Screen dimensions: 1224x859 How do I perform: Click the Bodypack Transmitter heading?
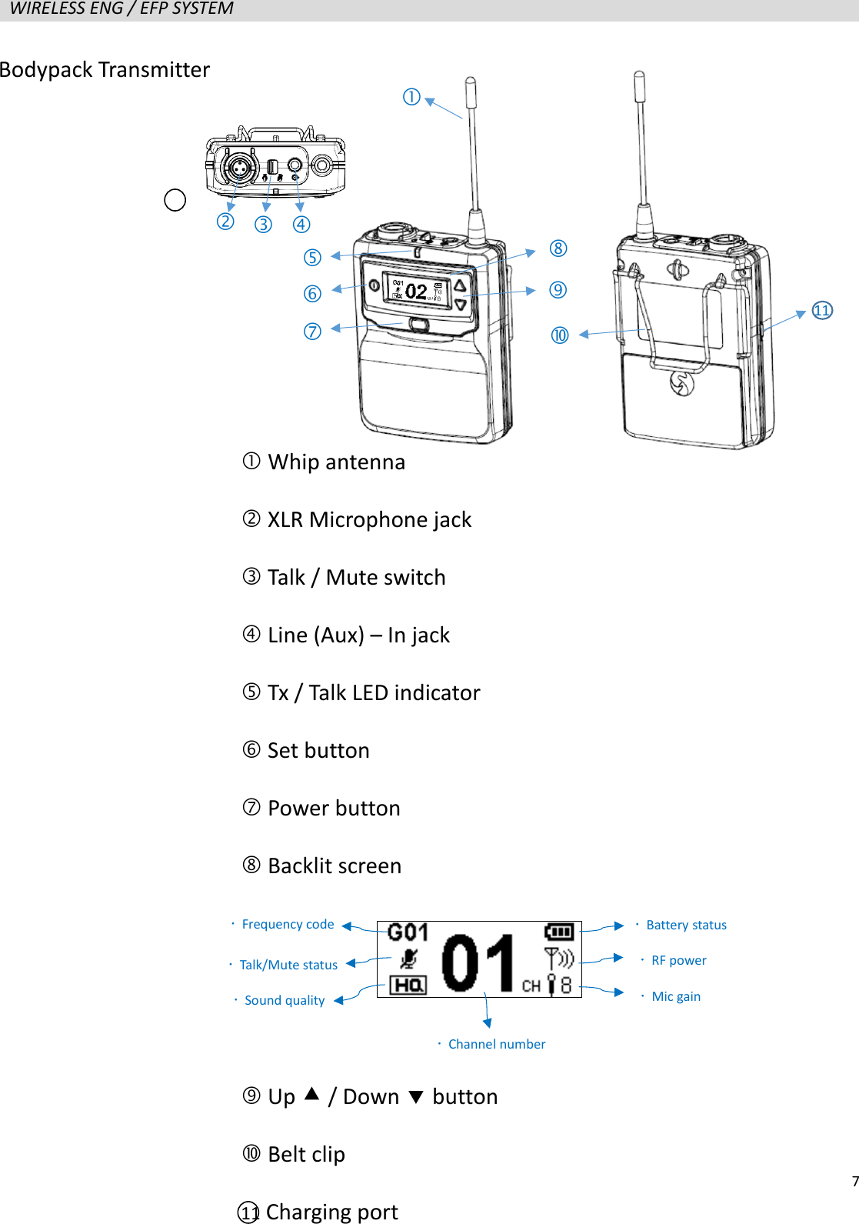tap(105, 70)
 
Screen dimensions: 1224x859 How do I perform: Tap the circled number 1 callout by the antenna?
tap(411, 97)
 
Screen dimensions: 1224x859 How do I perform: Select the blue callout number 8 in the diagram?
tap(558, 248)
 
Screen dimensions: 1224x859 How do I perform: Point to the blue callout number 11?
tap(822, 311)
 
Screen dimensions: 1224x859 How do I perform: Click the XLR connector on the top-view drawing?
tap(238, 166)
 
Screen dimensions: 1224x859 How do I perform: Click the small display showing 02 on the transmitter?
tap(417, 291)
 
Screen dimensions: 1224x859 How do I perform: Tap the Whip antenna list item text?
tap(336, 462)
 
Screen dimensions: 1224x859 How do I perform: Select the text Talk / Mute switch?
tap(356, 578)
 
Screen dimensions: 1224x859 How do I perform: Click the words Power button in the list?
tap(334, 809)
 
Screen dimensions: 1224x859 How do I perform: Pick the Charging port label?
tap(331, 1212)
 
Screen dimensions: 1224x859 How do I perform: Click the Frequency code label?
tap(288, 925)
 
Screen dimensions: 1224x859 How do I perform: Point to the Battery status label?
tap(686, 926)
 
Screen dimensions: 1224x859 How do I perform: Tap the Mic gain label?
tap(676, 997)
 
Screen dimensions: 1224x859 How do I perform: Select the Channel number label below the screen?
tap(497, 1045)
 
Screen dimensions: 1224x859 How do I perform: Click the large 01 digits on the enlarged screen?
tap(478, 962)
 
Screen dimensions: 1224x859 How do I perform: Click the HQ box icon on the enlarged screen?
tap(408, 986)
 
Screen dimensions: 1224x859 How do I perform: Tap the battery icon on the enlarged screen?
tap(559, 932)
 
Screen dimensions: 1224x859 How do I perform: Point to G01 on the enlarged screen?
tap(408, 933)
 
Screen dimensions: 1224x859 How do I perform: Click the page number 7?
tap(854, 1182)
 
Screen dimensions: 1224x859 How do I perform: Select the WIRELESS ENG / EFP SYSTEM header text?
tap(122, 9)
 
